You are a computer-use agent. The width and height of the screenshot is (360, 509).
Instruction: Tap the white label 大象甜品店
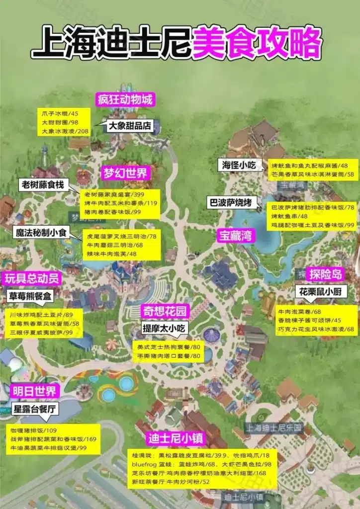point(130,126)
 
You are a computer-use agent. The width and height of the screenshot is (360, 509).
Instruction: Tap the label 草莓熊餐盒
point(30,297)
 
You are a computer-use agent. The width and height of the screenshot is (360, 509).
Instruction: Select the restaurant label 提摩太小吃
point(164,328)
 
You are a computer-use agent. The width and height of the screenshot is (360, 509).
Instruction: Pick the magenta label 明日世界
point(30,390)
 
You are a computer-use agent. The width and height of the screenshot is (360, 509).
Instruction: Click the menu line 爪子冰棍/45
point(56,113)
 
